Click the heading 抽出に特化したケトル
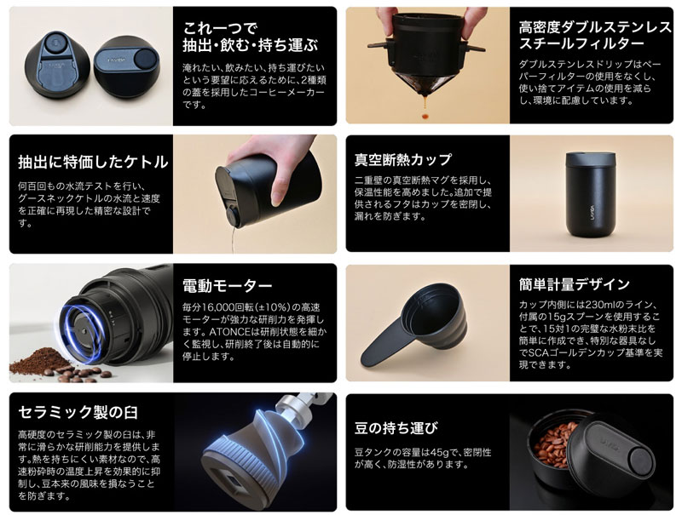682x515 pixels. (x=93, y=162)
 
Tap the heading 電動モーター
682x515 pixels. (x=228, y=286)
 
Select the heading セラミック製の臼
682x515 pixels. (x=79, y=415)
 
